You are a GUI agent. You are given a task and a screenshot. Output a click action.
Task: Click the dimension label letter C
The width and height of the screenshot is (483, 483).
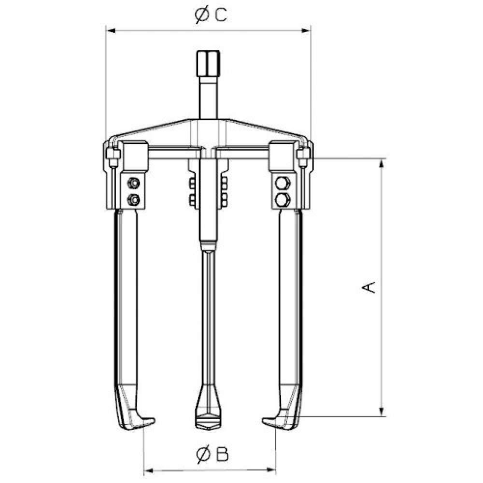[x=221, y=15]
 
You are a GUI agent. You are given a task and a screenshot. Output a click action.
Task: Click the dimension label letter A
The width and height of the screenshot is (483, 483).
[x=369, y=287]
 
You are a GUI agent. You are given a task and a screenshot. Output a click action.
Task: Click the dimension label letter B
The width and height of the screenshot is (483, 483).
[x=222, y=454]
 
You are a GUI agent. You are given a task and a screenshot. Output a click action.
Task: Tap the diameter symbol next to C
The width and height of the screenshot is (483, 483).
[x=202, y=15]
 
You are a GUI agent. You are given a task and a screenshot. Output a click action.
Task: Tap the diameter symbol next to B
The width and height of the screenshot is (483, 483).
[x=203, y=455]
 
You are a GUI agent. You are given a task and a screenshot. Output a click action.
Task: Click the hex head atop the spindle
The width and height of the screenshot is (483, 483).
[x=208, y=63]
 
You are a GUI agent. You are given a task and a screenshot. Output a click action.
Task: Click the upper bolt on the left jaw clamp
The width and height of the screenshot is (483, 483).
[x=133, y=183]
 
